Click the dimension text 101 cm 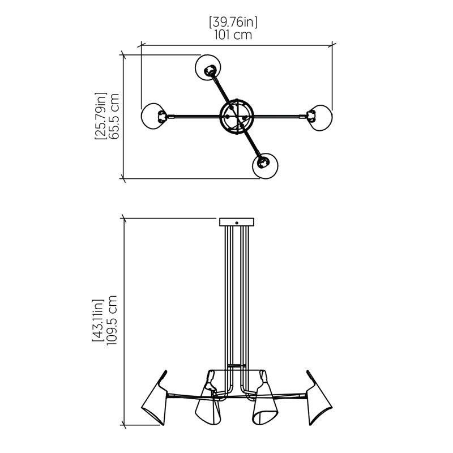(233, 35)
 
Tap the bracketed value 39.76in (233, 22)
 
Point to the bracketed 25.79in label (101, 116)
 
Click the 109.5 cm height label (112, 320)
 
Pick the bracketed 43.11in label (98, 320)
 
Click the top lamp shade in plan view (208, 67)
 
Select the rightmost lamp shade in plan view (320, 118)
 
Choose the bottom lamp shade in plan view (265, 166)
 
